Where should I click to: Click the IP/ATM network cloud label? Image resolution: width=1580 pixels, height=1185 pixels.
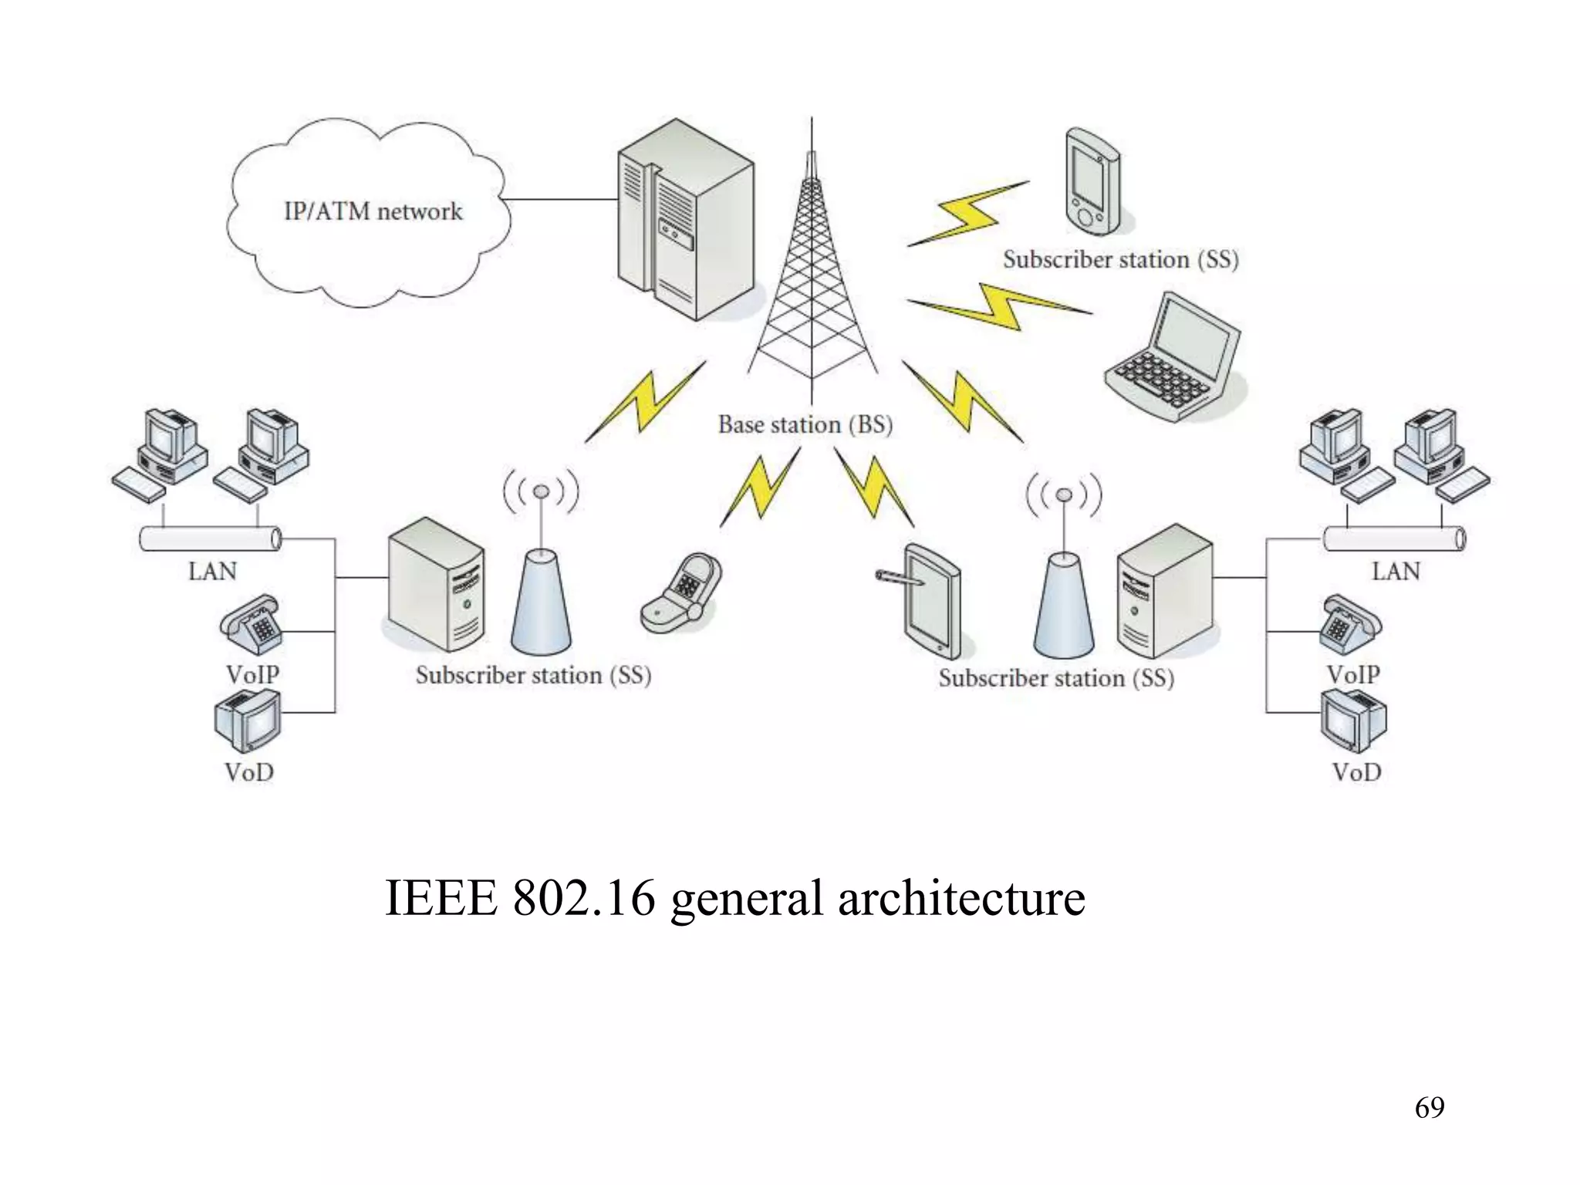coord(373,211)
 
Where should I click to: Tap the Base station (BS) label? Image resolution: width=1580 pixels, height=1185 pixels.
coord(805,424)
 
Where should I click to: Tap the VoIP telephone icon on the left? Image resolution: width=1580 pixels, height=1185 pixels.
coord(251,625)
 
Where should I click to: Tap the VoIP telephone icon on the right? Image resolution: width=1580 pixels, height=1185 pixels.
coord(1349,625)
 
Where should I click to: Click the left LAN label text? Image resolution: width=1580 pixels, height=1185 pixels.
coord(212,572)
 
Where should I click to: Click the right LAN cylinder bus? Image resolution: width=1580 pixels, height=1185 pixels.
coord(1393,538)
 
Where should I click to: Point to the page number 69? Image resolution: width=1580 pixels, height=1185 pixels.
coord(1429,1108)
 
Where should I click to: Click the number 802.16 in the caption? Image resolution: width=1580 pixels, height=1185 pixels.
coord(584,898)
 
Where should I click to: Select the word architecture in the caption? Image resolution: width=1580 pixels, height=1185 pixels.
coord(961,898)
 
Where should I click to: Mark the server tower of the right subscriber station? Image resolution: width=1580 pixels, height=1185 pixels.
coord(1165,590)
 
